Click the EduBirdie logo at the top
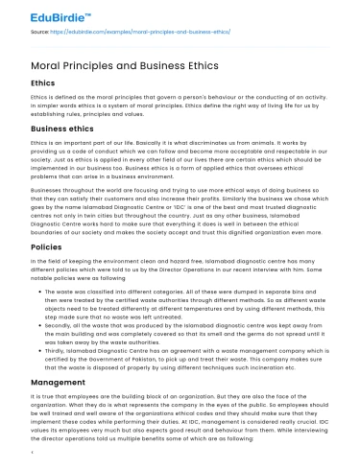(45, 16)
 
